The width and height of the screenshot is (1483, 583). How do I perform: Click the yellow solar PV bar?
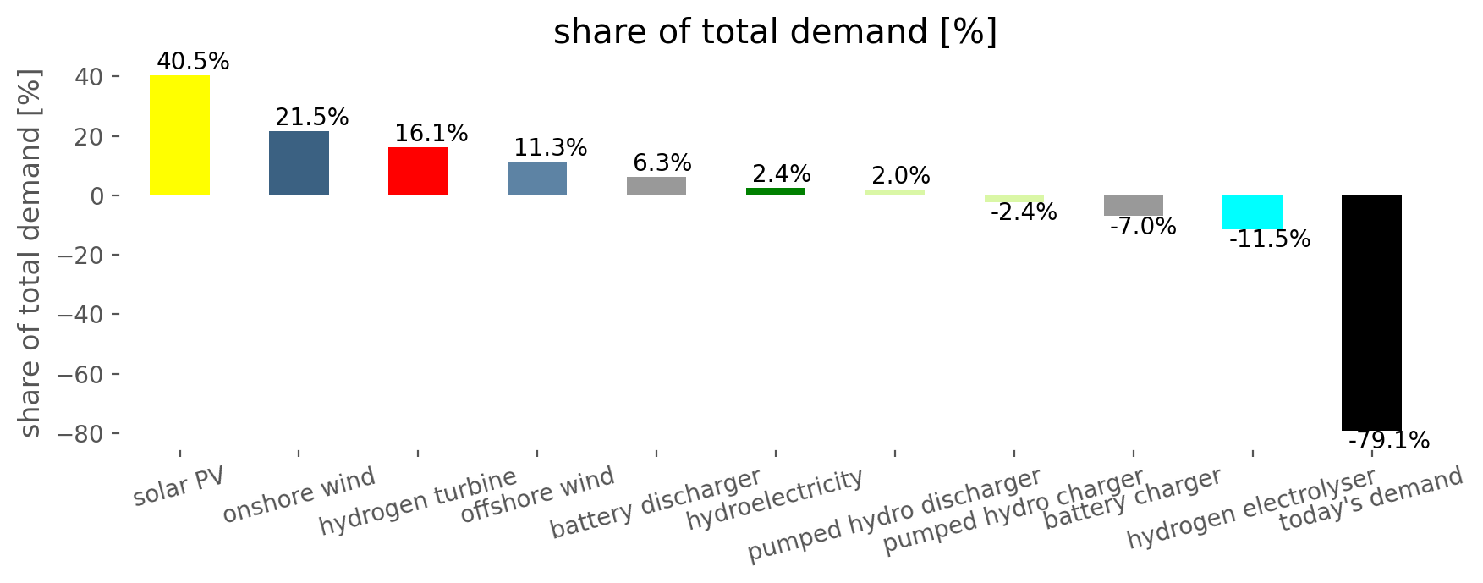pos(179,135)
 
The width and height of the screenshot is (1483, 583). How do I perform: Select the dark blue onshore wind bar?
pos(299,163)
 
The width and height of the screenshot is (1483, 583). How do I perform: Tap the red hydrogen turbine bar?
pos(418,172)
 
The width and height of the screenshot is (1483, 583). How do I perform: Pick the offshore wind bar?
pos(537,179)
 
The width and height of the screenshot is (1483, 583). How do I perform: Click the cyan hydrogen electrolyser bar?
pos(1252,212)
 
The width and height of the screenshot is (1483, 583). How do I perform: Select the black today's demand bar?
pos(1371,313)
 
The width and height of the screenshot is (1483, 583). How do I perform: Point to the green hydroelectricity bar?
pos(776,192)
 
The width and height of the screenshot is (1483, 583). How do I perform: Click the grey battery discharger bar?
pos(656,186)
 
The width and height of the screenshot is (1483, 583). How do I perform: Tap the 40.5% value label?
pos(193,62)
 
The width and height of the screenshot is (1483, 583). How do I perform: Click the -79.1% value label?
pos(1388,441)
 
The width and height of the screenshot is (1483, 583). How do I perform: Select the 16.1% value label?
pos(431,134)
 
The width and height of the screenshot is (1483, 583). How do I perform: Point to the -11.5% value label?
pos(1269,240)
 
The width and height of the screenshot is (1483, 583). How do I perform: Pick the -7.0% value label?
pos(1142,227)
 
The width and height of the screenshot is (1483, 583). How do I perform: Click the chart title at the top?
pos(775,32)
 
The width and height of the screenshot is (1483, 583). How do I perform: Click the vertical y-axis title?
pos(30,254)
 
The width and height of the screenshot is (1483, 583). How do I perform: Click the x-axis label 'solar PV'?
pos(179,486)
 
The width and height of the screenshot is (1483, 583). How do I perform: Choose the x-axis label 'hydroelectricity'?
pos(775,501)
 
